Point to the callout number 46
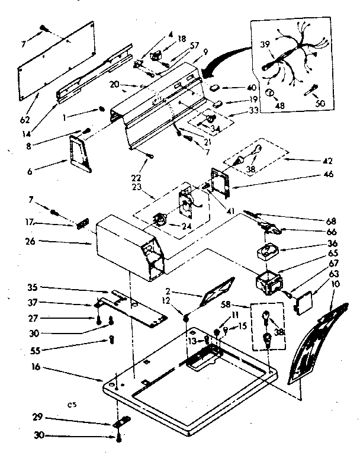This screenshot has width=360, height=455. click(x=329, y=174)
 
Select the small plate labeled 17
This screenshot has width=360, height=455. click(x=82, y=223)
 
